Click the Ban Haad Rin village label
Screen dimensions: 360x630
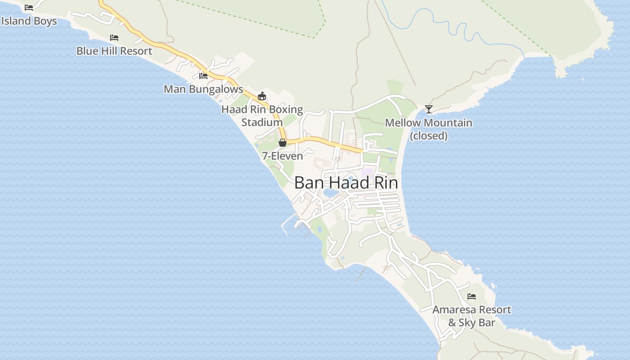coord(346,183)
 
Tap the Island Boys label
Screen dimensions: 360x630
coord(29,21)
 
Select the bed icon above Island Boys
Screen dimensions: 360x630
coord(29,8)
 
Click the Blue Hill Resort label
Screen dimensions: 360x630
coord(114,51)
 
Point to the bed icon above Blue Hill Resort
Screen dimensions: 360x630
coord(114,38)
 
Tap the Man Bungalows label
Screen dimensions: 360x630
coord(203,89)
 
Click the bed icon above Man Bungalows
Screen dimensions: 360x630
coord(203,76)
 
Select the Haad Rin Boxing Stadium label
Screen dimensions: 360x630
coord(262,116)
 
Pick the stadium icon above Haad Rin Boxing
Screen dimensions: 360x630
coord(262,96)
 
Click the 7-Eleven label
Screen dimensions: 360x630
coord(282,156)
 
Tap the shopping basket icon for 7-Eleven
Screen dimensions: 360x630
coord(283,143)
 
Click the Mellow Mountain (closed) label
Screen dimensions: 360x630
coord(428,129)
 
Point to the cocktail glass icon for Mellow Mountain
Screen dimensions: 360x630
coord(429,109)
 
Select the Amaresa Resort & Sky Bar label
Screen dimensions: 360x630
coord(472,316)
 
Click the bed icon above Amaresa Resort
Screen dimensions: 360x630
coord(472,297)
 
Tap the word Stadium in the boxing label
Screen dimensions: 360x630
coord(262,122)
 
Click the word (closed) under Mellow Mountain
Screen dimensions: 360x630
coord(429,136)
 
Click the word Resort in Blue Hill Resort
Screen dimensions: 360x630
coord(136,51)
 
